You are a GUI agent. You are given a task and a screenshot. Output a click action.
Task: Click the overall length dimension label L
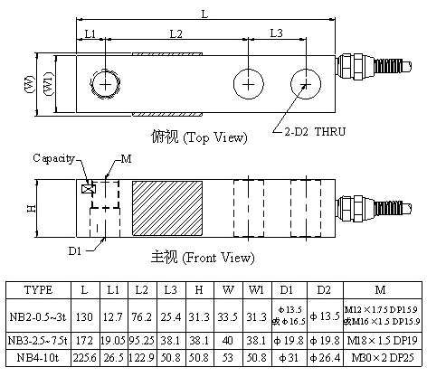(x=204, y=13)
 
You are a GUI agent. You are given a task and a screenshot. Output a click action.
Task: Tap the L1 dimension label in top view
(x=89, y=33)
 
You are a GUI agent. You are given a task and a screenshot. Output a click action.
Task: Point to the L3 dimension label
(x=277, y=33)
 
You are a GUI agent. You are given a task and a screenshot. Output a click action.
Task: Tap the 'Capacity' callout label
(x=53, y=158)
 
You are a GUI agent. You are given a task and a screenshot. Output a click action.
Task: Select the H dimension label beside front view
(x=32, y=209)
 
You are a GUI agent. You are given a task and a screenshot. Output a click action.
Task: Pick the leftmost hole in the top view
(x=106, y=84)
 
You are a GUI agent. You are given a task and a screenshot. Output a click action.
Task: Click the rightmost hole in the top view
(x=305, y=84)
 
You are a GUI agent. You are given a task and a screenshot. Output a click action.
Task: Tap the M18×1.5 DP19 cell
(x=381, y=341)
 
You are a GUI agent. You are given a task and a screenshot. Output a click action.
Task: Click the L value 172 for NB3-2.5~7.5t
(x=83, y=341)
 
